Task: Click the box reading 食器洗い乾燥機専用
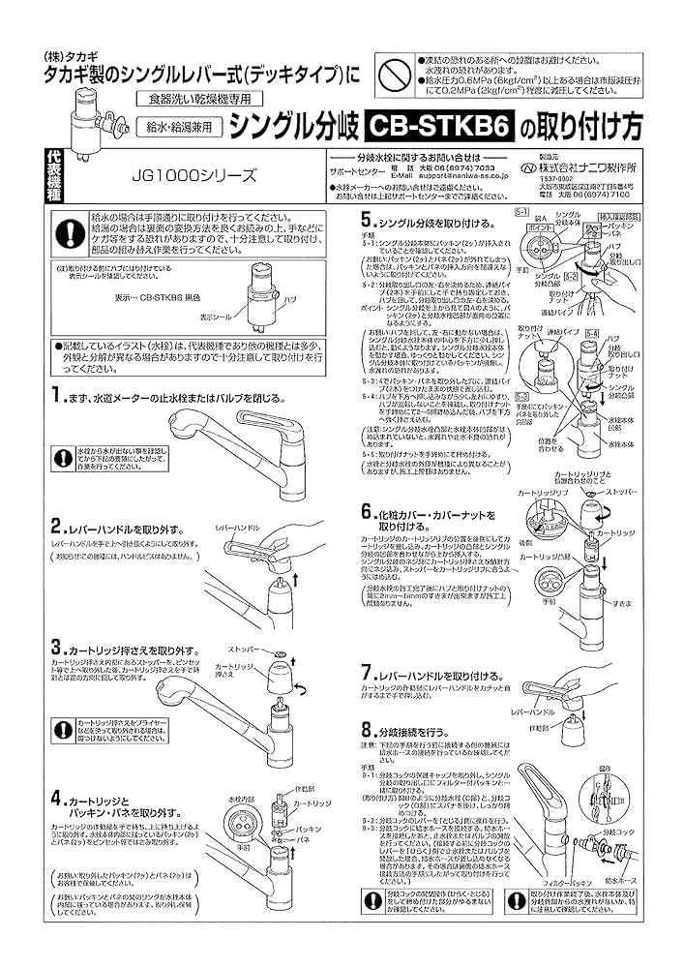coord(184,101)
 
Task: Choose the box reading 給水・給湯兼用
coord(184,126)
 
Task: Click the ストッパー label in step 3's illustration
coord(241,648)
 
